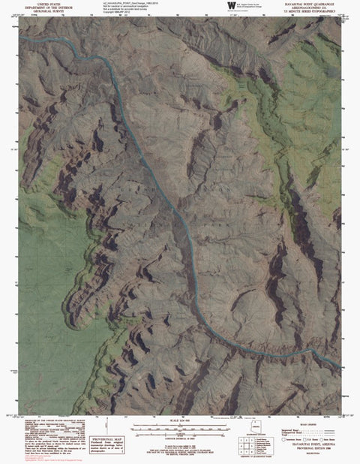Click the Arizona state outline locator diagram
coord(257,430)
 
